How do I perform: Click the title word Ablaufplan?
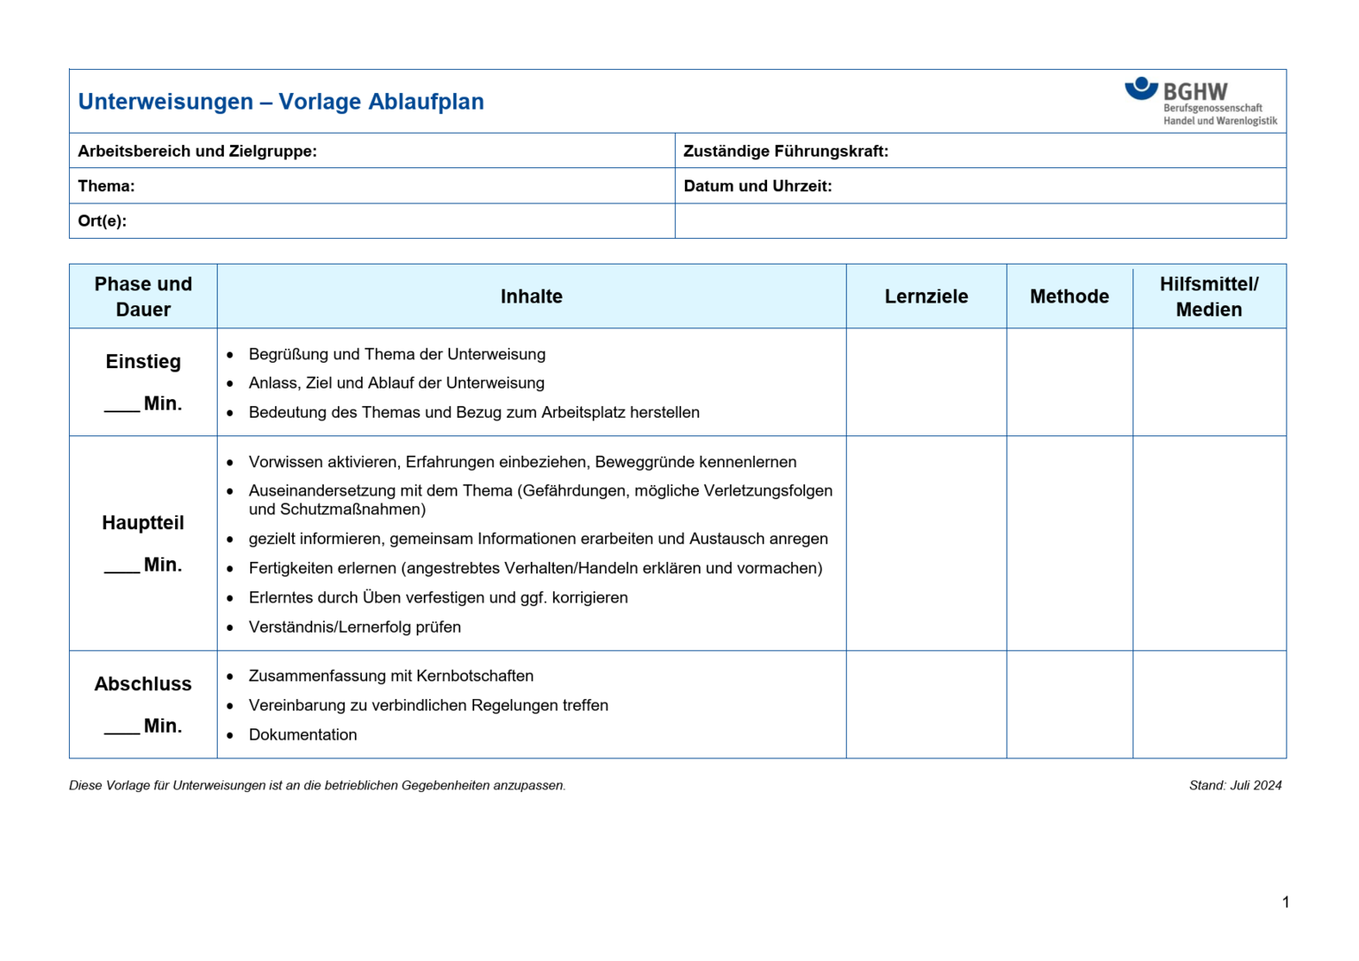click(426, 102)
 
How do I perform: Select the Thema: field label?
click(106, 186)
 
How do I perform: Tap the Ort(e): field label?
click(102, 221)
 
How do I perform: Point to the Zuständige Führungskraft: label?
click(786, 151)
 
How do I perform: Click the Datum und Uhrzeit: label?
click(757, 186)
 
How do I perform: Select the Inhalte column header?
click(531, 296)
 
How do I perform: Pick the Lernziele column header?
click(925, 296)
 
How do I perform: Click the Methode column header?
click(1069, 296)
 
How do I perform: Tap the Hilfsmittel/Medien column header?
click(1209, 296)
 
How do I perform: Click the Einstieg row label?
click(142, 362)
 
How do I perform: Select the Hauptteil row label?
click(142, 523)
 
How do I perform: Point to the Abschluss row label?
click(142, 684)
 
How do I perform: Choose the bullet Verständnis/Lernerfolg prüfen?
click(354, 627)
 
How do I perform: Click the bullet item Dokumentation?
click(303, 735)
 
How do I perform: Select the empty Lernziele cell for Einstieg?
click(925, 382)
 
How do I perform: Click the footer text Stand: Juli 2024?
click(1234, 786)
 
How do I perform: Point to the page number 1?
click(1285, 903)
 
